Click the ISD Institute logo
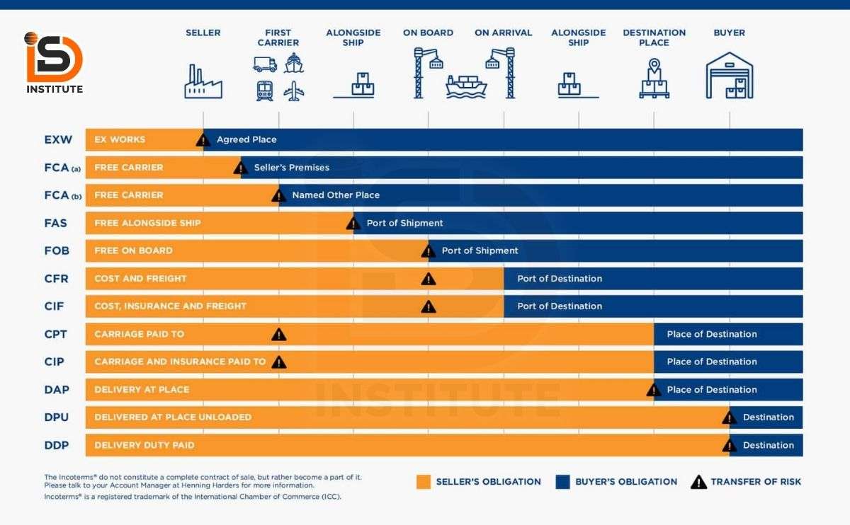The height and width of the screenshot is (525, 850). (55, 62)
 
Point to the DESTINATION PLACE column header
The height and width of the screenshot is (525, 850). (654, 37)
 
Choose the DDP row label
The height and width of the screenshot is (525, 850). (56, 445)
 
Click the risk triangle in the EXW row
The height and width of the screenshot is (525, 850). (203, 140)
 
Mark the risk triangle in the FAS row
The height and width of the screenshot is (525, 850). (353, 224)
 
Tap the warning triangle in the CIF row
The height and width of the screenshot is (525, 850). (429, 306)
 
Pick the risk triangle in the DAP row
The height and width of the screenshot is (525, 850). (654, 390)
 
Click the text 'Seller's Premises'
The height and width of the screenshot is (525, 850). (291, 168)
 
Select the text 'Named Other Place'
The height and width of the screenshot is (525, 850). (336, 195)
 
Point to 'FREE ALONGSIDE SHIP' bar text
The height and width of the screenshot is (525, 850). (147, 223)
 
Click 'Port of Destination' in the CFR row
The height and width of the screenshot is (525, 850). (560, 279)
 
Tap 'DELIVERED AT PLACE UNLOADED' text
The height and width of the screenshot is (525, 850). (173, 417)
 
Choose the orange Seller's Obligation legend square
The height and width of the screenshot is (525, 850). (424, 482)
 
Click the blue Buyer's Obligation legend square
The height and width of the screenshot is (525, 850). (563, 482)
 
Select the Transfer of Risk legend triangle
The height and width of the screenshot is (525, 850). (698, 482)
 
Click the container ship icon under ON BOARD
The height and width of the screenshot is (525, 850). (465, 86)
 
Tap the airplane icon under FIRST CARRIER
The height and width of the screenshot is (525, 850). (293, 91)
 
